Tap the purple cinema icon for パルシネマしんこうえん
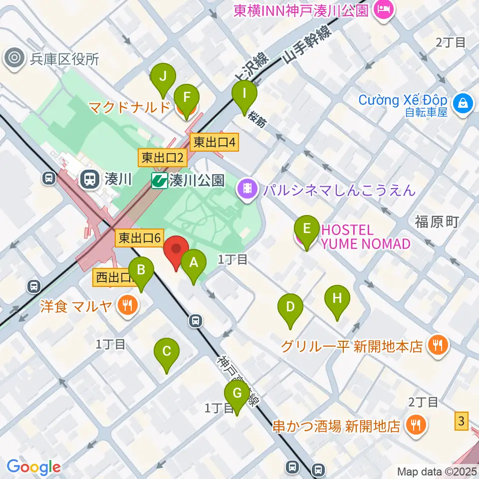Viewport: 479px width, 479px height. [x=248, y=189]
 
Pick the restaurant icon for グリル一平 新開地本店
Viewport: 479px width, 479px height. [x=438, y=345]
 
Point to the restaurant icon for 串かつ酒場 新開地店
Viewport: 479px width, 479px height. [x=415, y=425]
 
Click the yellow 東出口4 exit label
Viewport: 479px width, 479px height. [x=214, y=143]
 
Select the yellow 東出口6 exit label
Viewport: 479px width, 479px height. [x=139, y=238]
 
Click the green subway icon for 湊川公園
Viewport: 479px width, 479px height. [x=160, y=180]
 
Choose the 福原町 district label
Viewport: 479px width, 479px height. [x=437, y=222]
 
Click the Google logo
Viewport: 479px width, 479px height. [x=33, y=467]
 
